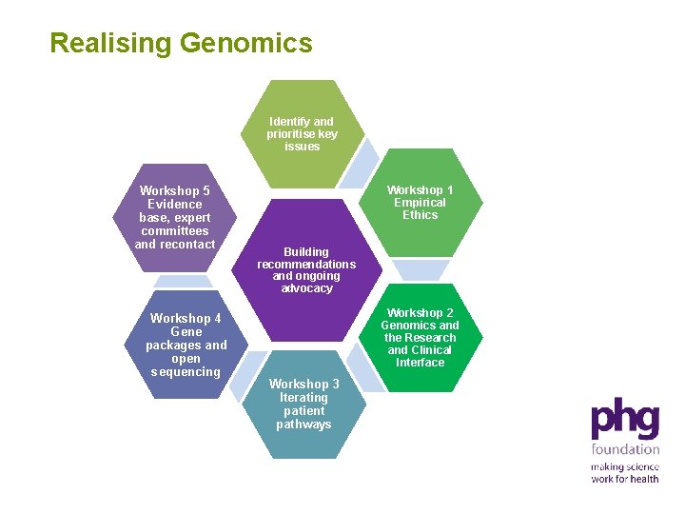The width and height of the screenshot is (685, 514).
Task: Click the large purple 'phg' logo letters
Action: pos(624,419)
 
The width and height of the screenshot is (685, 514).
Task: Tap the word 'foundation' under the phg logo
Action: pos(625,449)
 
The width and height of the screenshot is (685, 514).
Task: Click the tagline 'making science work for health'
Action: pos(624,473)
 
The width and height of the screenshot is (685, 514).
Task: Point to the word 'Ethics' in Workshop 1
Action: pos(420,215)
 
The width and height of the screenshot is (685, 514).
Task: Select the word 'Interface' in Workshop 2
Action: pos(420,363)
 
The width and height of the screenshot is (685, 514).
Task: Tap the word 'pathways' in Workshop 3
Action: pos(303,425)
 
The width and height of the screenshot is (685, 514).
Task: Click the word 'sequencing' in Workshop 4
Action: pos(186,372)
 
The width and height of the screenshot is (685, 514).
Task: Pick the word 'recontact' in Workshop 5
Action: pos(188,245)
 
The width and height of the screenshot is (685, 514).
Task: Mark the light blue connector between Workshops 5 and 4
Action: pos(184,282)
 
